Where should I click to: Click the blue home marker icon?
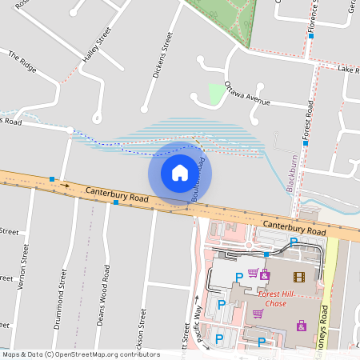(180, 173)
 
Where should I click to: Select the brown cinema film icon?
(299, 277)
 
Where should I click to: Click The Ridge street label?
(23, 62)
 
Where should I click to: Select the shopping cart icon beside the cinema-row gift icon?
(253, 274)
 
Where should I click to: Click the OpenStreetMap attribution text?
(80, 354)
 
